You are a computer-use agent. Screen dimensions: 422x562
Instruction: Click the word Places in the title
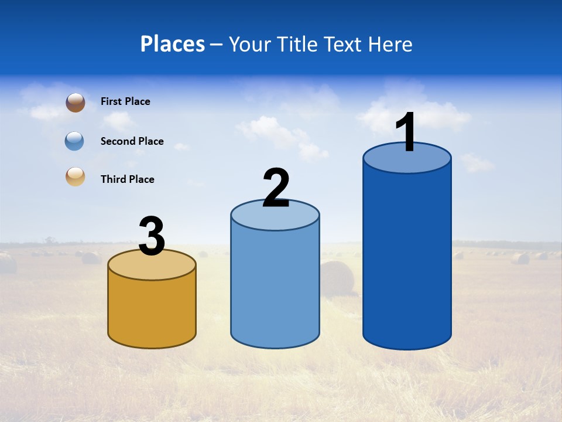click(173, 44)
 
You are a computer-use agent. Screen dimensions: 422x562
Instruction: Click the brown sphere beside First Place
click(76, 103)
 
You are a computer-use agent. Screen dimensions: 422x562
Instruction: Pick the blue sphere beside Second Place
click(74, 141)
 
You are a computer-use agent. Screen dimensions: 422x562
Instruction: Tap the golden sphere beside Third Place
click(76, 176)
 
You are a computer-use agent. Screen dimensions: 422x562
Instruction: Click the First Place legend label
click(125, 101)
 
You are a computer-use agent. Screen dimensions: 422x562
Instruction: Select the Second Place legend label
click(132, 141)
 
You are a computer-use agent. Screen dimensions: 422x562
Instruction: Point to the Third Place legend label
click(127, 179)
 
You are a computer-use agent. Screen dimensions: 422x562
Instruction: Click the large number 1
click(406, 132)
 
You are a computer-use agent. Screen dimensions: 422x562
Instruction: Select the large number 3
click(152, 236)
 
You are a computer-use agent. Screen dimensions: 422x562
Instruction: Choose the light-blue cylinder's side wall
click(275, 287)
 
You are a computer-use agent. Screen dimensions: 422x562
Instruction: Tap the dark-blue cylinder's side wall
click(407, 258)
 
